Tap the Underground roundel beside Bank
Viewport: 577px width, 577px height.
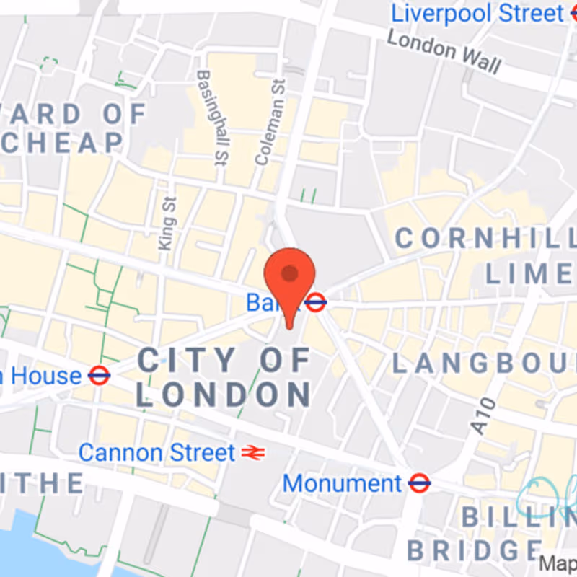point(315,302)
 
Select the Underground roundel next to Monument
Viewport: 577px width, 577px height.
point(418,483)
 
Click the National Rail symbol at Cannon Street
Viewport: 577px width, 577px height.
point(253,453)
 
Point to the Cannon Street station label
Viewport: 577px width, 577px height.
point(157,453)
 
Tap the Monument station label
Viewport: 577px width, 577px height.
point(342,483)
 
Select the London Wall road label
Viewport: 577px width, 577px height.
point(444,52)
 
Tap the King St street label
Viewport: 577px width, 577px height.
point(168,224)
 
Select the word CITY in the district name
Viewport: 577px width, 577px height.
point(187,360)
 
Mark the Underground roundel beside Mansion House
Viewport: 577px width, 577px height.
point(99,375)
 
